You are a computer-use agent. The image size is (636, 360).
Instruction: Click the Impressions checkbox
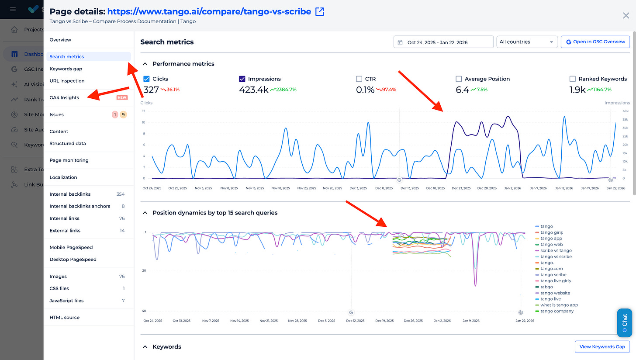242,79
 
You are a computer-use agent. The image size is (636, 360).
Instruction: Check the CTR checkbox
359,79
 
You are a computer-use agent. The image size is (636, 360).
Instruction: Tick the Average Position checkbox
459,79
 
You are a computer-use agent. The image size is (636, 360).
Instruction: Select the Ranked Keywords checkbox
573,79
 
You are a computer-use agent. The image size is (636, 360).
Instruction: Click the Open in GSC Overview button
595,42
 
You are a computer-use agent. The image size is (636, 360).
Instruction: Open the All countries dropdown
527,42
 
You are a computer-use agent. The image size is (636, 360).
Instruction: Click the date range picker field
443,42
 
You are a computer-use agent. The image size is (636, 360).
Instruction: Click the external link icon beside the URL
320,12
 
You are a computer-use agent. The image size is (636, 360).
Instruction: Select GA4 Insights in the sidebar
64,97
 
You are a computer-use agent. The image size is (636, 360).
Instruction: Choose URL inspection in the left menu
67,81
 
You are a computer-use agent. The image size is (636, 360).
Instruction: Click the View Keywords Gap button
602,346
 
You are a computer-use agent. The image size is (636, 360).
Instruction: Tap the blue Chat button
624,323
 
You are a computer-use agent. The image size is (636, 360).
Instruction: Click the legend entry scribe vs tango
556,251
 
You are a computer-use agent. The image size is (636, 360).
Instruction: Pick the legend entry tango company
557,311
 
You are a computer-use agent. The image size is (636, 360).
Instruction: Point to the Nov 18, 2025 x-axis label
280,188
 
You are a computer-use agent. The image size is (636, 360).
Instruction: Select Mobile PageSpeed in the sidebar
71,247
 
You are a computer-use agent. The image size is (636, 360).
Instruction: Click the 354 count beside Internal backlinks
120,194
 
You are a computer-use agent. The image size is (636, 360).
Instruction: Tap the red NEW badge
122,97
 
